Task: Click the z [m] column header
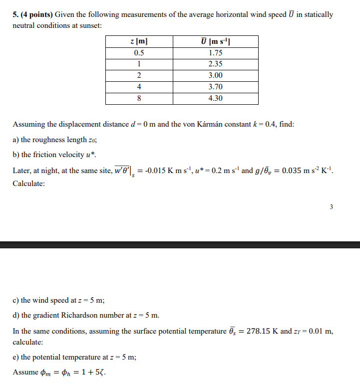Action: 139,41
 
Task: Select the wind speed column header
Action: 216,41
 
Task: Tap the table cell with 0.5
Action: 139,52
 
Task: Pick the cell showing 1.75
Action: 216,52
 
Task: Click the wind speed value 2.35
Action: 216,64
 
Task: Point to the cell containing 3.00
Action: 216,75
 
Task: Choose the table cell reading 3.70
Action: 216,87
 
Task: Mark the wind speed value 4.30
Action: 216,98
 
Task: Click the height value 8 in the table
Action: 139,98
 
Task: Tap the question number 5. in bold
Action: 15,14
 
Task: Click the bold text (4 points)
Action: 36,14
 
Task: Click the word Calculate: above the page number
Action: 28,184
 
